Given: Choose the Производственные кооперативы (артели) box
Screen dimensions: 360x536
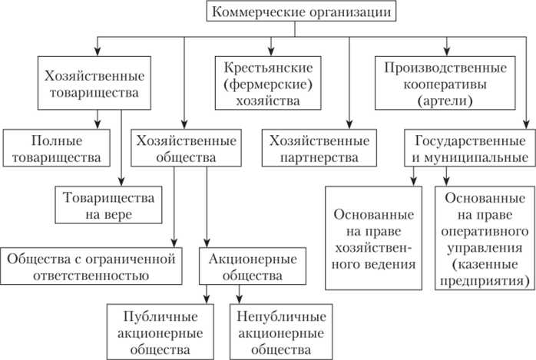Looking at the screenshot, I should coord(435,83).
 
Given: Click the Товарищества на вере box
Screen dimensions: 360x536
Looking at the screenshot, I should coord(109,204).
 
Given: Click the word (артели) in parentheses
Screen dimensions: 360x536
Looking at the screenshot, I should coord(435,100).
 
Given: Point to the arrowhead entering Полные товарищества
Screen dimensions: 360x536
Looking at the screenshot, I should coord(98,124).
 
